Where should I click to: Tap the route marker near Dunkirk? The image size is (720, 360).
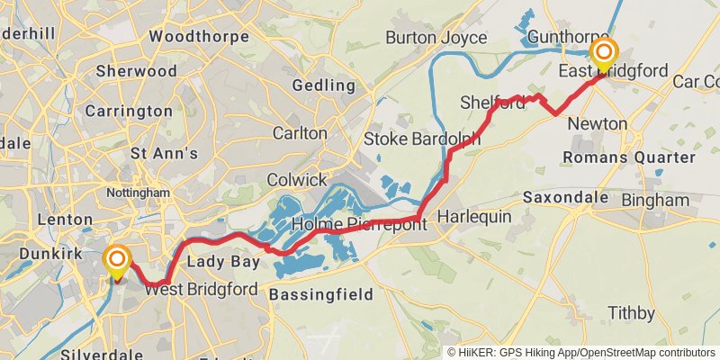[x=117, y=261]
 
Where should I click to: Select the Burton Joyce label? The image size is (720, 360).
[x=436, y=38]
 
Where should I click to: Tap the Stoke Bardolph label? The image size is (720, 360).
[x=421, y=139]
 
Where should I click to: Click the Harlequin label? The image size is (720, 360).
[x=473, y=217]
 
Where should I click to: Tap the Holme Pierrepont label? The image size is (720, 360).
[x=357, y=224]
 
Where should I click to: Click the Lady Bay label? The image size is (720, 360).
[x=222, y=262]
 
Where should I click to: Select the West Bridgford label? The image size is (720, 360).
[x=201, y=290]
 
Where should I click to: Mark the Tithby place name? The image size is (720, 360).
[x=631, y=313]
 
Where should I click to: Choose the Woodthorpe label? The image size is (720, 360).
[x=193, y=36]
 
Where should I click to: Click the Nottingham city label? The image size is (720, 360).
[x=138, y=193]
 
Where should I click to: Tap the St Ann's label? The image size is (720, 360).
[x=164, y=153]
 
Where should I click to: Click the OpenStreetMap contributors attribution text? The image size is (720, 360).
[x=646, y=352]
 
